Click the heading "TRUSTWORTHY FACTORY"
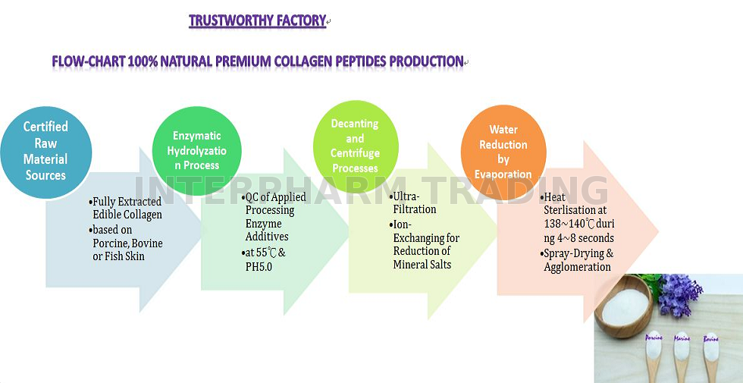tap(257, 21)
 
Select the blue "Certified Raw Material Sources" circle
tap(46, 152)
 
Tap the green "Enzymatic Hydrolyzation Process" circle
tap(196, 151)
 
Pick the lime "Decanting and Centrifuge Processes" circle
tap(356, 146)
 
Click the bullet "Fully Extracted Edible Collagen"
tap(126, 208)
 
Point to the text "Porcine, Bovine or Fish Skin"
tap(127, 250)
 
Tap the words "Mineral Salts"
tap(422, 265)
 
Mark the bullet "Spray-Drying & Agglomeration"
tap(577, 259)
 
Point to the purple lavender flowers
tap(679, 294)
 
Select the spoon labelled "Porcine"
tap(654, 356)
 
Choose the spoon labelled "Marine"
tap(682, 356)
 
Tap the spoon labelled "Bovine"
tap(711, 356)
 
